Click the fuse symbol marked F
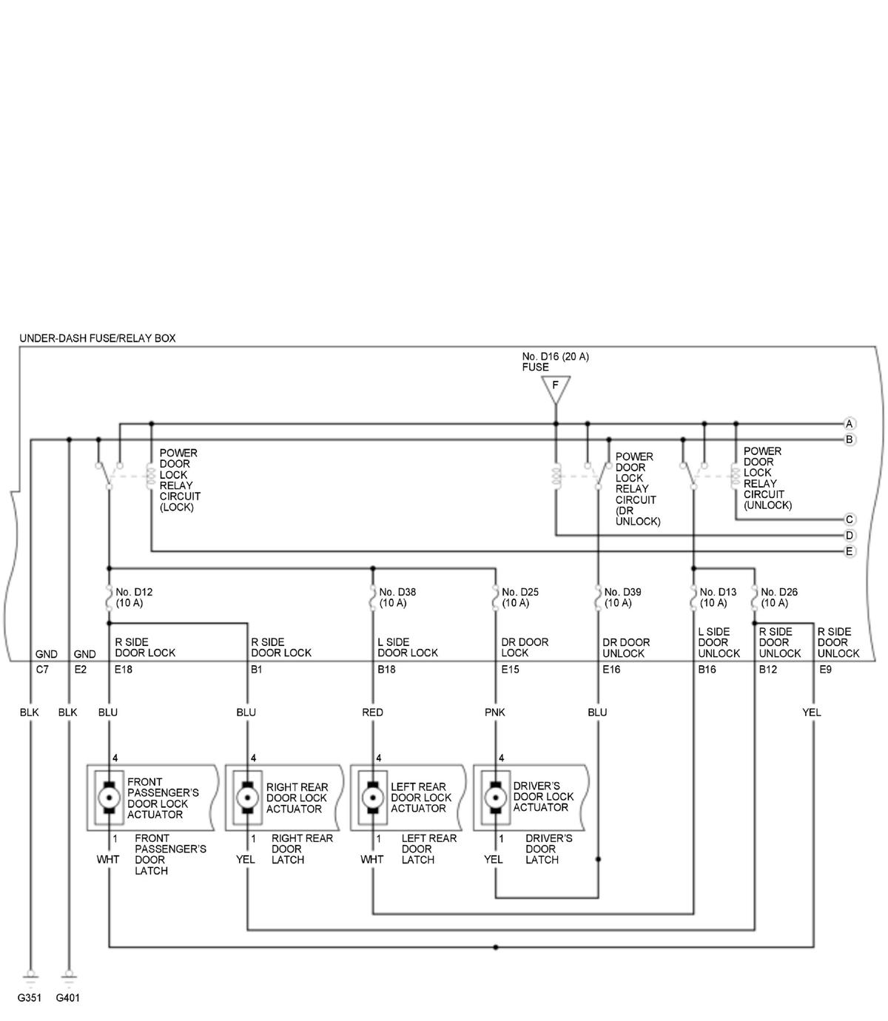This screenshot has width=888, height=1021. coord(555,387)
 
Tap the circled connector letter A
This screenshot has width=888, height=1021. coord(850,424)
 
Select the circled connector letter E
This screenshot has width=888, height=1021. coord(850,551)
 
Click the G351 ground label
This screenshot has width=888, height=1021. coord(30,997)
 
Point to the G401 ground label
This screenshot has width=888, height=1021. coord(68,997)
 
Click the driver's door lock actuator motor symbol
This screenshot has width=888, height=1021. coord(494,798)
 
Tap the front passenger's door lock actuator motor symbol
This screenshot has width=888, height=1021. coord(110,798)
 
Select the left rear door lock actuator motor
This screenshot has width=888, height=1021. coord(371,798)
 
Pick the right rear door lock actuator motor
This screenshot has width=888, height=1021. coord(246,798)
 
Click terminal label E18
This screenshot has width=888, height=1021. coord(124,670)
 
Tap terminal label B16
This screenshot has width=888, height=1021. coord(707,670)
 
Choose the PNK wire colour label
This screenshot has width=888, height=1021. coord(494,712)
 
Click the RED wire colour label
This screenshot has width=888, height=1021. coord(372,712)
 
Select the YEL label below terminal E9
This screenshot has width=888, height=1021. coord(811,712)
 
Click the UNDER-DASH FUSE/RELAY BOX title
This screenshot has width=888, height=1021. coord(98,338)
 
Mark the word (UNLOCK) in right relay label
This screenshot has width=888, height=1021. coord(767,505)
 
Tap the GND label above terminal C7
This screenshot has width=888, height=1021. coord(46,654)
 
